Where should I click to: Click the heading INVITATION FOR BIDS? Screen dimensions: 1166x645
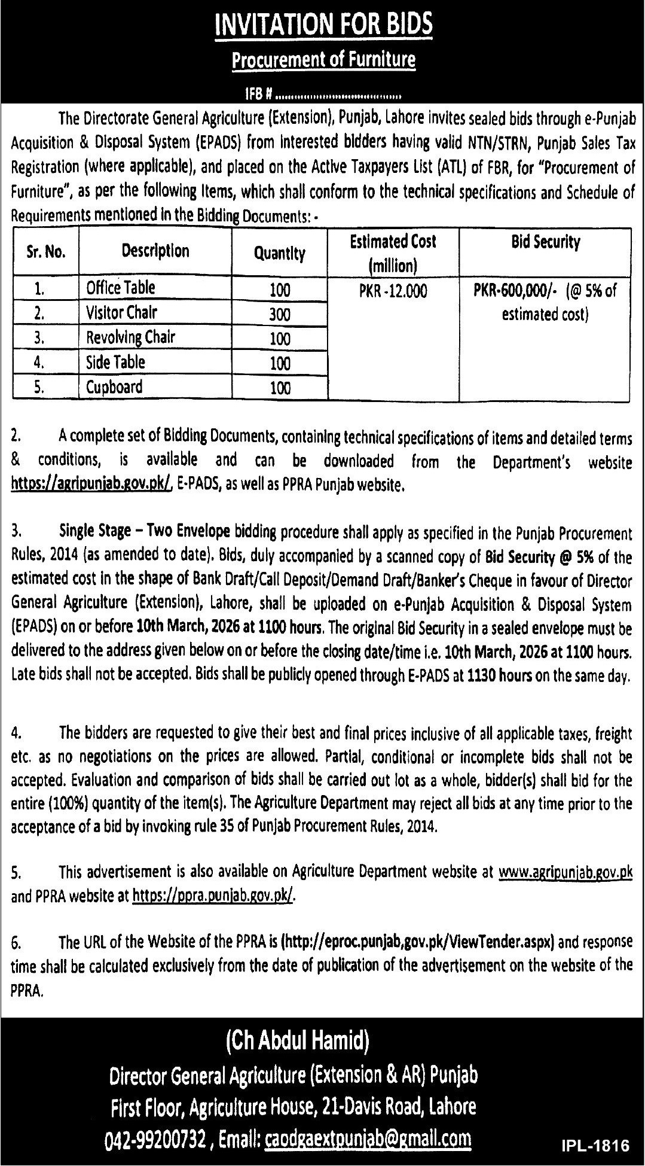[323, 25]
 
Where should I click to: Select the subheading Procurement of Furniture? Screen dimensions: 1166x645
[323, 60]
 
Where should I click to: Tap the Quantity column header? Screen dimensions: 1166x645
[279, 254]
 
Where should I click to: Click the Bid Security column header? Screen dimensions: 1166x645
[545, 242]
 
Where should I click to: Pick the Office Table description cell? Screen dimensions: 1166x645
[121, 288]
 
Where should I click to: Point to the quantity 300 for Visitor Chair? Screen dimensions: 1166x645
[279, 313]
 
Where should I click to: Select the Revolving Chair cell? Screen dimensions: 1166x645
[131, 337]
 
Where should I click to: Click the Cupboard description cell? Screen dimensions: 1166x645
[114, 387]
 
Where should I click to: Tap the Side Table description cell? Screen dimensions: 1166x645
[115, 362]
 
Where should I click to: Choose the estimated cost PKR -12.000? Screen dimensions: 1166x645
[393, 291]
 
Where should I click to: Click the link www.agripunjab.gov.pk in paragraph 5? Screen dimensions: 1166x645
[565, 872]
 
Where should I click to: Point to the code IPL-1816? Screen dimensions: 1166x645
[595, 1146]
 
